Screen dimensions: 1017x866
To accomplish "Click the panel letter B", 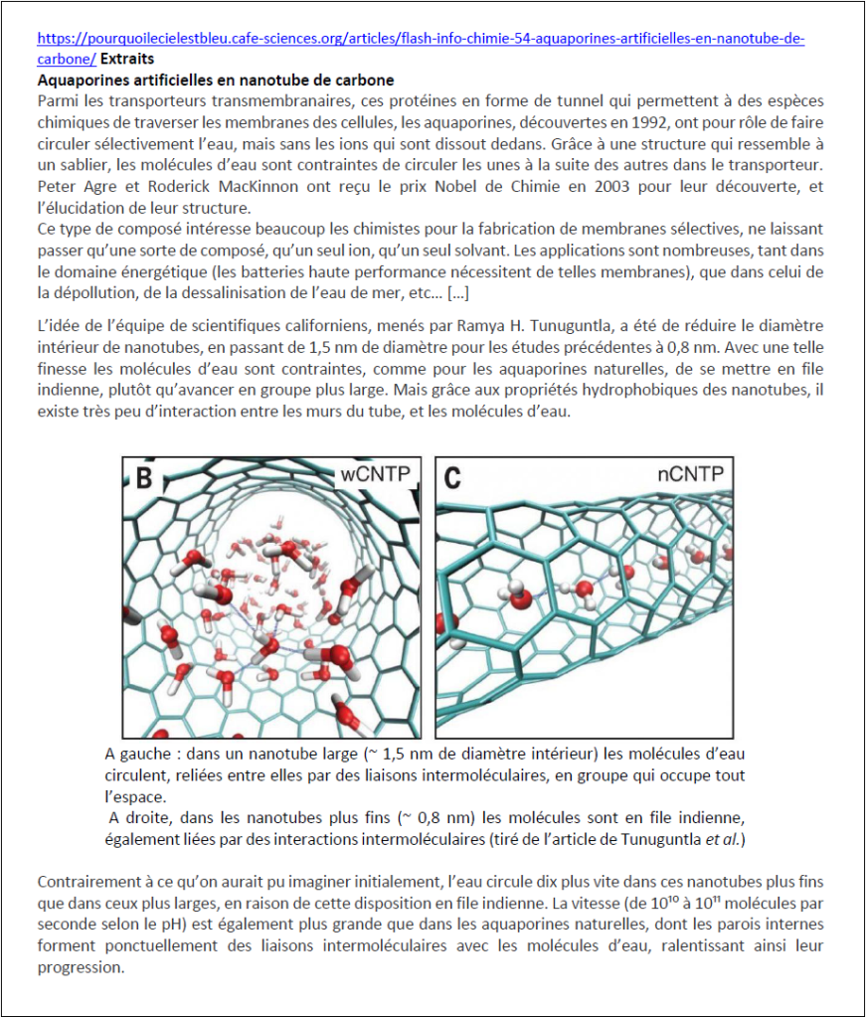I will [144, 478].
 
